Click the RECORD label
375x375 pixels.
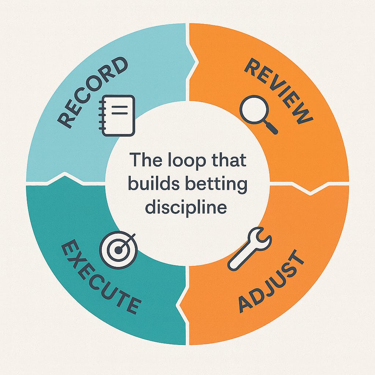tap(94, 92)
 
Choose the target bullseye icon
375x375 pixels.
tap(118, 250)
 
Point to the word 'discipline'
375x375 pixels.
tap(186, 208)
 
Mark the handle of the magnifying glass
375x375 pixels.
tap(272, 128)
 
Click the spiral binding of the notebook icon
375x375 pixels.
tap(102, 115)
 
